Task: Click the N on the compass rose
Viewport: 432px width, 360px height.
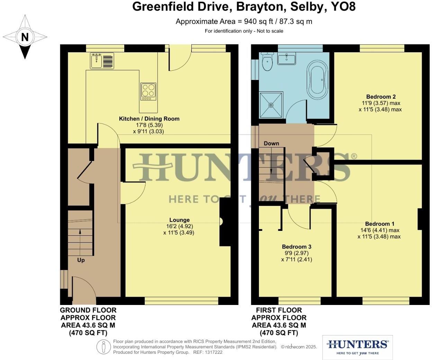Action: pyautogui.click(x=25, y=37)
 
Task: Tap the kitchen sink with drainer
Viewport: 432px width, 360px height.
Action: pyautogui.click(x=102, y=61)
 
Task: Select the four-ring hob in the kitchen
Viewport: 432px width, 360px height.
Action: pyautogui.click(x=148, y=91)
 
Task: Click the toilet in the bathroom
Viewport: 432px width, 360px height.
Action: pyautogui.click(x=267, y=62)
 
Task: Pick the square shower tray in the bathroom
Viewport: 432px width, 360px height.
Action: pyautogui.click(x=271, y=105)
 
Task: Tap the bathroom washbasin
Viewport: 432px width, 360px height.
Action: pyautogui.click(x=287, y=58)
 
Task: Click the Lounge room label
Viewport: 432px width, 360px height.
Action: pyautogui.click(x=179, y=220)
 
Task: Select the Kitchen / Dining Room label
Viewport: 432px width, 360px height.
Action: pyautogui.click(x=149, y=119)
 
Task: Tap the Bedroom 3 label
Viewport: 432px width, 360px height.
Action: pyautogui.click(x=296, y=246)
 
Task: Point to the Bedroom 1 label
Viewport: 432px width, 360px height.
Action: pyautogui.click(x=379, y=224)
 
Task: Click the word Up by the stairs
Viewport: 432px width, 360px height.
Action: pyautogui.click(x=81, y=260)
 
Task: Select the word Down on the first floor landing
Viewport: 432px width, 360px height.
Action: pyautogui.click(x=271, y=143)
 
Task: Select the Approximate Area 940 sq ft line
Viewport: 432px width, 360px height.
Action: pyautogui.click(x=244, y=21)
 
